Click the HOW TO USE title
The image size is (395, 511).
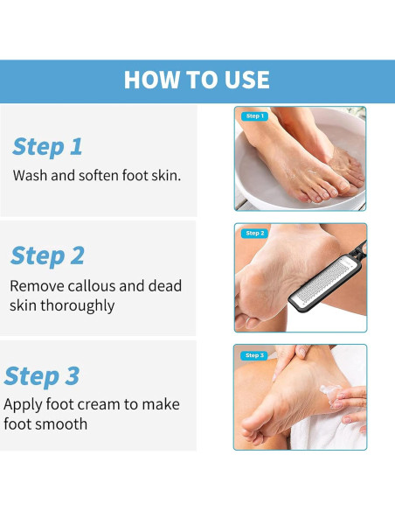[197, 80]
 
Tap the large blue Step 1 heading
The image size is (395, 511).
[47, 147]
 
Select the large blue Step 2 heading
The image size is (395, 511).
[47, 255]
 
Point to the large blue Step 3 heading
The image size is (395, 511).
[42, 376]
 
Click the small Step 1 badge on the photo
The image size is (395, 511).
[255, 116]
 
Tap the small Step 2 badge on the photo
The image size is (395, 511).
[255, 234]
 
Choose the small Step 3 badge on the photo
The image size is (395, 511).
[254, 355]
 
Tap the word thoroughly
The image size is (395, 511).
[78, 306]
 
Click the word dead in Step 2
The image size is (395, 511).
[165, 286]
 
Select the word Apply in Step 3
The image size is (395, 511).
[23, 405]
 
